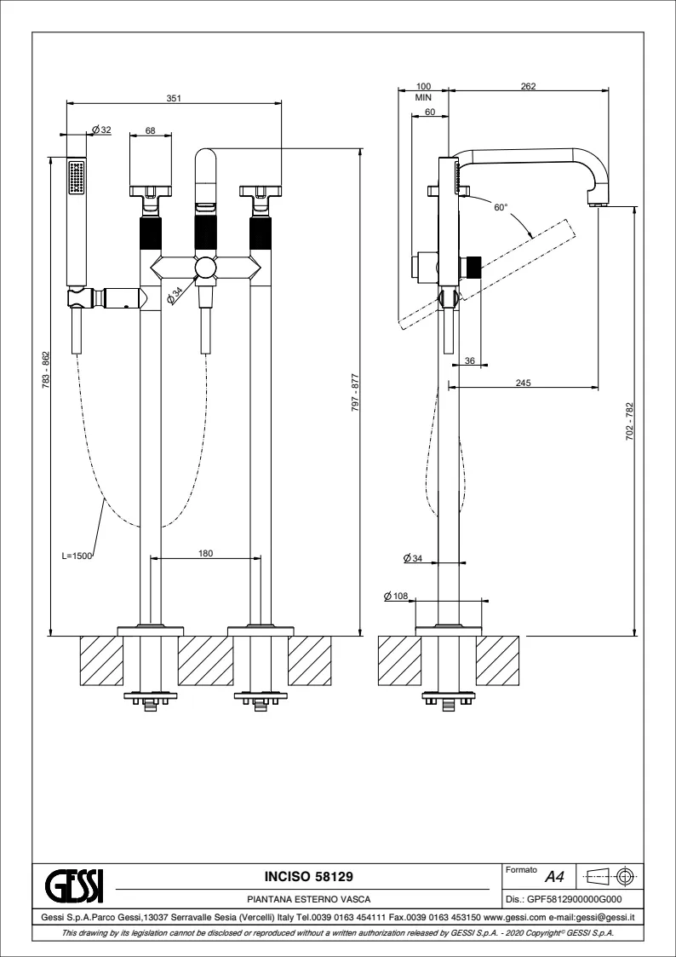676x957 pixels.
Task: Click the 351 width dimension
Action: click(174, 98)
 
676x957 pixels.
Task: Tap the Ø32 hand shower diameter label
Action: click(101, 130)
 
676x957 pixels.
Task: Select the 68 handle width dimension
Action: click(150, 130)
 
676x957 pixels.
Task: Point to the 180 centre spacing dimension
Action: click(205, 554)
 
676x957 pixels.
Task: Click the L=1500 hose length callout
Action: click(77, 555)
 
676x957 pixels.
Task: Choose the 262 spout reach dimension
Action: click(528, 87)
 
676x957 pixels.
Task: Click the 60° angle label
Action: click(500, 207)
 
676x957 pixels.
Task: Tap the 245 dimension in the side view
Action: click(523, 383)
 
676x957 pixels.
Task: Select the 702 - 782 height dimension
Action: click(629, 421)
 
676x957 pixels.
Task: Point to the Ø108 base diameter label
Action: click(398, 595)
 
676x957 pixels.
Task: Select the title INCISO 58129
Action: click(307, 876)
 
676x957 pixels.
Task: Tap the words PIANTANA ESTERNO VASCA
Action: click(307, 898)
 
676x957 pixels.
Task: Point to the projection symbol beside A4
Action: click(613, 875)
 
